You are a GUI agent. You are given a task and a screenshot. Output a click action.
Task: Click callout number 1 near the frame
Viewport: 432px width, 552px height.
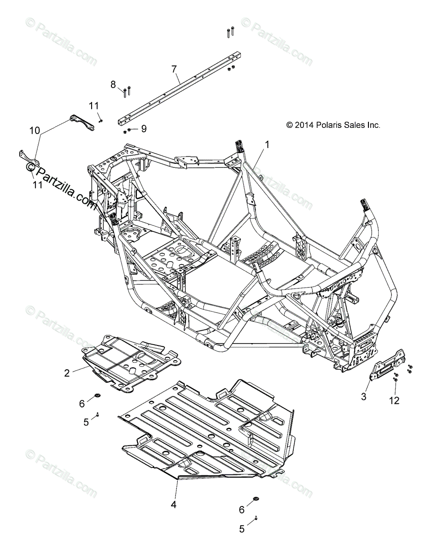point(267,144)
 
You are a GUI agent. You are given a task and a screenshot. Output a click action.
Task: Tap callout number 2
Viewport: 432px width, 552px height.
point(67,373)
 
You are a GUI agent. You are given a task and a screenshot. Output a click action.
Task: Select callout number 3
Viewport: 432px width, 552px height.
point(363,397)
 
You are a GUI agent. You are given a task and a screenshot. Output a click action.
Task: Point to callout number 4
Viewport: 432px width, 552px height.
point(173,505)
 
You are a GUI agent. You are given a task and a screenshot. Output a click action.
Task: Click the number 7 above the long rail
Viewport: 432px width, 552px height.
point(174,69)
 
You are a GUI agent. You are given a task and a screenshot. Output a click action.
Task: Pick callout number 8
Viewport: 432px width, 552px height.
point(113,84)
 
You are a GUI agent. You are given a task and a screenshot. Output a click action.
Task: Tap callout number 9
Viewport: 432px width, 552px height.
point(144,129)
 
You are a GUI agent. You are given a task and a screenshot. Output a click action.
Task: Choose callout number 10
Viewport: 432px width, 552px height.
point(35,131)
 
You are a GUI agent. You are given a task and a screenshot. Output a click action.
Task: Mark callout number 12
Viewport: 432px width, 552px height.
point(394,401)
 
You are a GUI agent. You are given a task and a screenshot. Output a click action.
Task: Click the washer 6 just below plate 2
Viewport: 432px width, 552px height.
point(97,396)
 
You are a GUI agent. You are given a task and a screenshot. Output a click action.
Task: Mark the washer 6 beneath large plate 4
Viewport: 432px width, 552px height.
point(256,500)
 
